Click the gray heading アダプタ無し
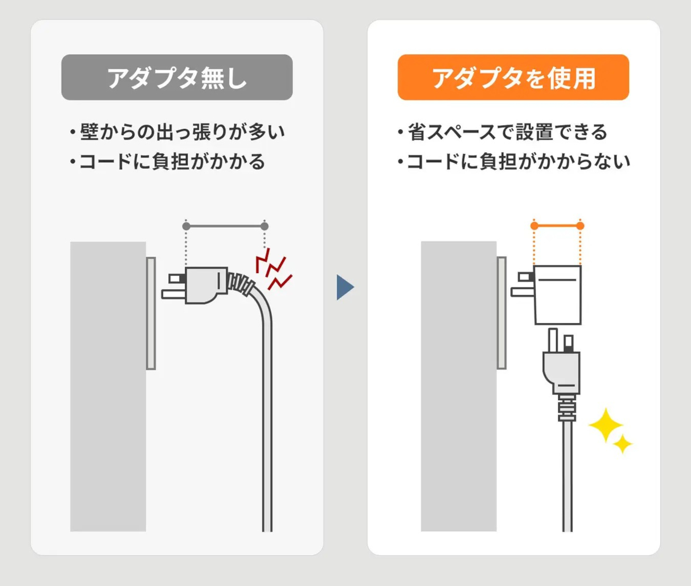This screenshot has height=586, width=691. point(177,77)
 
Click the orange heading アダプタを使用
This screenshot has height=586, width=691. point(513,77)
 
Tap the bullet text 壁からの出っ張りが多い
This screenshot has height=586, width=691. point(182,131)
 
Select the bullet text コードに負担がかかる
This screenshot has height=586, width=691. point(173,162)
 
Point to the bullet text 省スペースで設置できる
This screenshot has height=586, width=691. point(508,131)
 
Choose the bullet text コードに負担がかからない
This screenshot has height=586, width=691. point(518,162)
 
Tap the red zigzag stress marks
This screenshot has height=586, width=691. point(273,269)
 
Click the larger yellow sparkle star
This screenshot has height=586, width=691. point(606,425)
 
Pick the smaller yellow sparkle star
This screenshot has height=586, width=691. point(622,444)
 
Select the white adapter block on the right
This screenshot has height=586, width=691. point(558,295)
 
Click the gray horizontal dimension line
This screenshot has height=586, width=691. point(225,226)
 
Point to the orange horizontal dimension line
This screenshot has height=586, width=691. point(557,226)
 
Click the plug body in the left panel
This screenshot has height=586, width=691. point(206,285)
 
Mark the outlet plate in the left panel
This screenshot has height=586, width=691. point(151,313)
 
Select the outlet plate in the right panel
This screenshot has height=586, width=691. point(501,313)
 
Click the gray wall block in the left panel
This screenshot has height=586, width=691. point(108,386)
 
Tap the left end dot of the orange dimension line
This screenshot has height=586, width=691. point(534,226)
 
